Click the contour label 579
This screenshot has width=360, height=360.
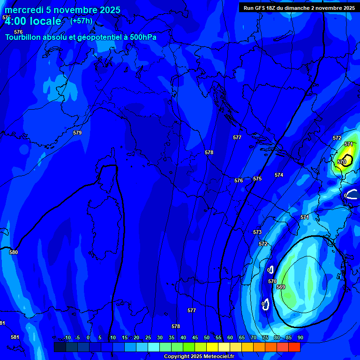pyautogui.click(x=77, y=133)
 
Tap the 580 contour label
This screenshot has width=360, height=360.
pyautogui.click(x=14, y=252)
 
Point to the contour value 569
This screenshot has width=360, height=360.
pyautogui.click(x=281, y=287)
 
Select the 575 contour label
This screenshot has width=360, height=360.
pyautogui.click(x=257, y=179)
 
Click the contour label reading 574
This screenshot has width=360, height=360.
pyautogui.click(x=279, y=175)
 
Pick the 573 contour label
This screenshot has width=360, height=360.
pyautogui.click(x=257, y=232)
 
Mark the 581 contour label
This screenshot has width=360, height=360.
pyautogui.click(x=15, y=337)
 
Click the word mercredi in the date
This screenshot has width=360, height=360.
pyautogui.click(x=23, y=10)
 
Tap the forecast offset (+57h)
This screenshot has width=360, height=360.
pyautogui.click(x=81, y=21)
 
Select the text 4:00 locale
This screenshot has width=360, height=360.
pyautogui.click(x=33, y=21)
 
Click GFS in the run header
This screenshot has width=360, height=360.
pyautogui.click(x=261, y=8)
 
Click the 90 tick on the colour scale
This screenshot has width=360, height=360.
pyautogui.click(x=300, y=337)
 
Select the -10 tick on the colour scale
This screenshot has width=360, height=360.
pyautogui.click(x=67, y=337)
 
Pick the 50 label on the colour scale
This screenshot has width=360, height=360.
pyautogui.click(x=206, y=337)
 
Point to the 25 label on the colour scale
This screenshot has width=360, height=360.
pyautogui.click(x=148, y=337)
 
